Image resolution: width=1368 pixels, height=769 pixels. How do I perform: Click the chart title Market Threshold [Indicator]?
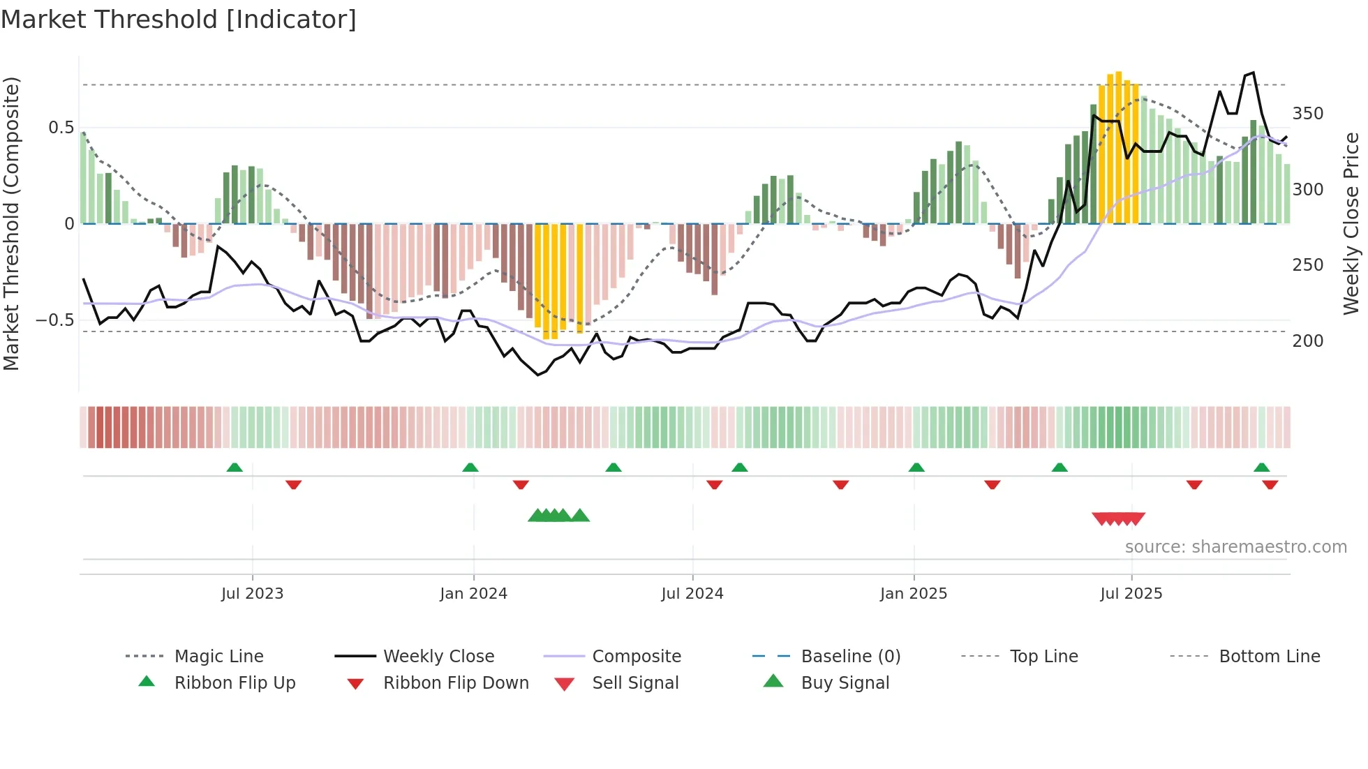tap(179, 20)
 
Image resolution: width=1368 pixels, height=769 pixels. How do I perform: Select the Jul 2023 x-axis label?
tap(252, 594)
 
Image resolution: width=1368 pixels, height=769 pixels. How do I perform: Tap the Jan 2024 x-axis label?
tap(473, 594)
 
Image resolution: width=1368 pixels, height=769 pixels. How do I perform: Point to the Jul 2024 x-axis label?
tap(692, 594)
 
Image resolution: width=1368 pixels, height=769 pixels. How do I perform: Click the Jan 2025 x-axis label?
tap(913, 594)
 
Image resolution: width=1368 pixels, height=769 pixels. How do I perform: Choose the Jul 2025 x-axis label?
tap(1131, 594)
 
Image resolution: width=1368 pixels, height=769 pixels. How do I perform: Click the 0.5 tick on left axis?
tap(61, 128)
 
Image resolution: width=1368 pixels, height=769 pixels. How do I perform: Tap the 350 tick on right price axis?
tap(1307, 114)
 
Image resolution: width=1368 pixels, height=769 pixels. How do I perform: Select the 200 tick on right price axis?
tap(1307, 341)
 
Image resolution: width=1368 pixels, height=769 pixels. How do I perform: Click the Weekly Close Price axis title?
tap(1351, 223)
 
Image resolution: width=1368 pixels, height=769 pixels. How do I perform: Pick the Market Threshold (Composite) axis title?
tap(11, 223)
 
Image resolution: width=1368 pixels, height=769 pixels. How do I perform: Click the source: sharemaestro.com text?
tap(1235, 547)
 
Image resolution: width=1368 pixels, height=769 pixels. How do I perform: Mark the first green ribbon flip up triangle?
tap(235, 468)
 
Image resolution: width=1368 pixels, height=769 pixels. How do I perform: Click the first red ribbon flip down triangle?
tap(293, 484)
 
